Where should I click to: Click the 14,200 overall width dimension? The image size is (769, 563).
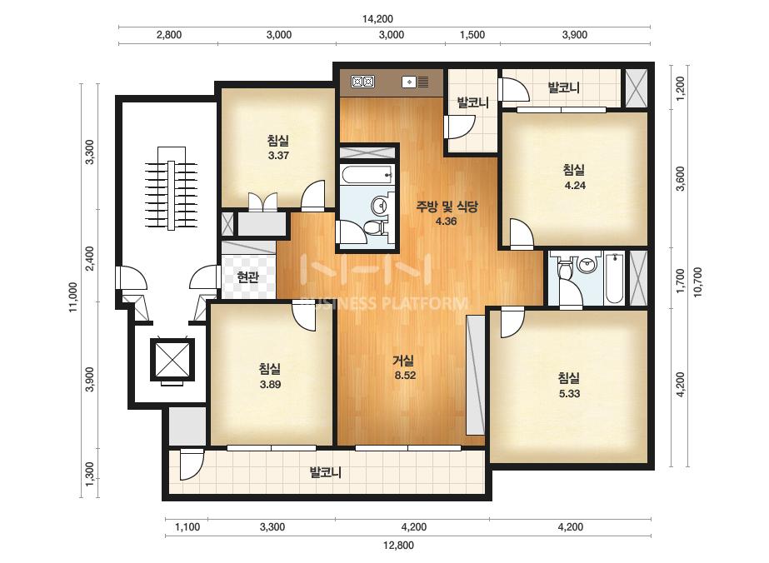377,19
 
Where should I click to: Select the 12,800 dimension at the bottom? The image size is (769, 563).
399,546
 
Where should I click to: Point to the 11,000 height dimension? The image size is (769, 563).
73,297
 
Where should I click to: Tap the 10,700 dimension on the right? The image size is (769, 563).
698,282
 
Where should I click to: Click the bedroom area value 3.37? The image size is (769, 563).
278,156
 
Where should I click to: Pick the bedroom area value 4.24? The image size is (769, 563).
575,186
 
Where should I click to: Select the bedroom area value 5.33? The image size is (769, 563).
569,393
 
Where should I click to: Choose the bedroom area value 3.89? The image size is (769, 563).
270,385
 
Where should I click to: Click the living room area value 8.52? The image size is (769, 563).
405,376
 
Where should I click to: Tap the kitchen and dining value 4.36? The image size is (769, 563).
446,222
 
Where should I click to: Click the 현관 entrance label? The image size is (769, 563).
247,278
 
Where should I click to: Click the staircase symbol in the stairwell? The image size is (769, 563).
171,188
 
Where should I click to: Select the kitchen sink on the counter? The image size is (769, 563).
415,82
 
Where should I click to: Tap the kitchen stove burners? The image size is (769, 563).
363,82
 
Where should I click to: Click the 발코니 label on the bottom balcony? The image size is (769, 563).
326,473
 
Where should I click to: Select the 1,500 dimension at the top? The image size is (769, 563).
472,35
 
